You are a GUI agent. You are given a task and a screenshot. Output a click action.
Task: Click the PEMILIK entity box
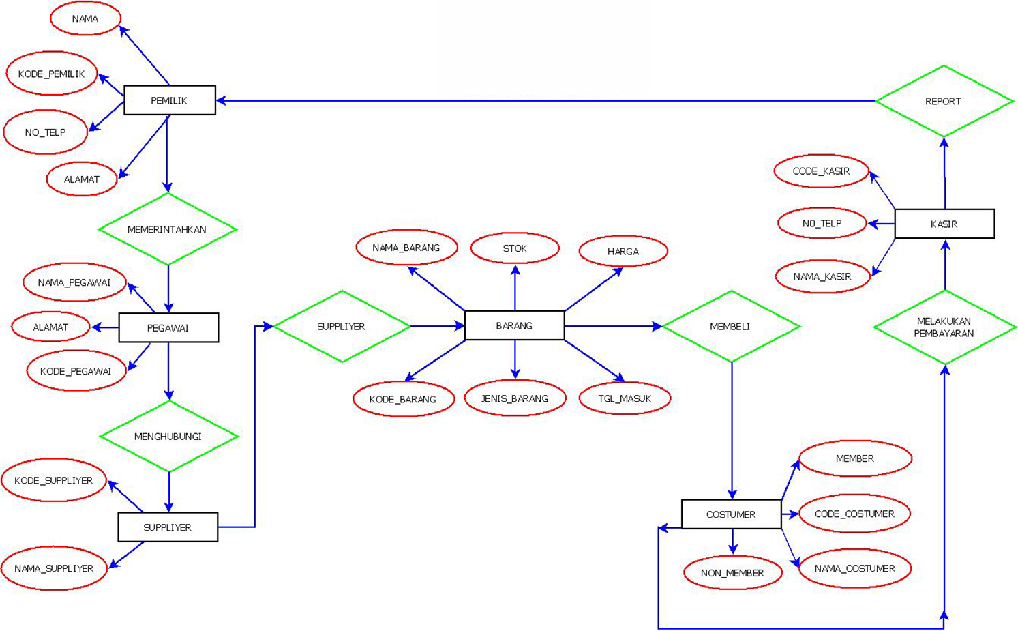pos(170,100)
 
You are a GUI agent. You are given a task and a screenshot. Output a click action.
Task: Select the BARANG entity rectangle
pos(514,325)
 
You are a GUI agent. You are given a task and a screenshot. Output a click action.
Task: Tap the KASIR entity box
pos(944,224)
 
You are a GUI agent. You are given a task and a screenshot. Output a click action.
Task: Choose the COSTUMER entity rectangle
pos(731,514)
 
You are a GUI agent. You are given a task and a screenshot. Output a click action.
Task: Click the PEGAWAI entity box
pos(168,327)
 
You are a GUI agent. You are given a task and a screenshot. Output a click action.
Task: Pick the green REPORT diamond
pos(944,102)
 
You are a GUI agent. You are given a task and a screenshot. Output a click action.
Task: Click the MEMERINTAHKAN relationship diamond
pos(168,229)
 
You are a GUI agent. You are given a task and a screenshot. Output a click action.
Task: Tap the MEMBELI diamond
pos(731,326)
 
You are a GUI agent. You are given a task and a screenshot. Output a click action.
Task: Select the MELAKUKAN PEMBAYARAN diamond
pos(944,327)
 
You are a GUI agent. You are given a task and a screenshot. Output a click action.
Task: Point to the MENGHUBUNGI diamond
pos(168,437)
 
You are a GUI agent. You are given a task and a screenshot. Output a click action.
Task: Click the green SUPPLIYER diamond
pos(342,326)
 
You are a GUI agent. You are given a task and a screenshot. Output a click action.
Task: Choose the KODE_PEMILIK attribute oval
pos(52,74)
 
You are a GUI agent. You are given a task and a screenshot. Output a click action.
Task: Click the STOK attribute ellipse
pos(515,248)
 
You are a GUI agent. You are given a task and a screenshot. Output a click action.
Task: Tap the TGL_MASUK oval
pos(625,398)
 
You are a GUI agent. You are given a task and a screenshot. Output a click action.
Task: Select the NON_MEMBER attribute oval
pos(732,573)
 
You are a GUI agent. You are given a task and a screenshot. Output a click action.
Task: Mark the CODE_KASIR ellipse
pos(821,171)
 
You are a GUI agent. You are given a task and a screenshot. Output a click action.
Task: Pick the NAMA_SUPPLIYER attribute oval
pos(54,568)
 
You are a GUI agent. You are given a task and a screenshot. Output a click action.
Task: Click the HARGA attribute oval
pos(623,251)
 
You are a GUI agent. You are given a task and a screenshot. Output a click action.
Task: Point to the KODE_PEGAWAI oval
pos(76,371)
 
